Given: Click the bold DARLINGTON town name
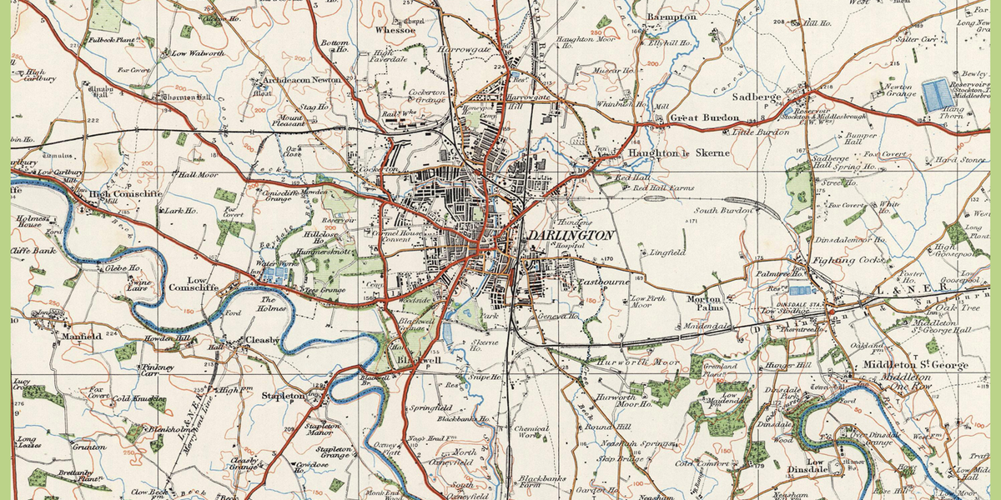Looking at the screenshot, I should pos(571,236).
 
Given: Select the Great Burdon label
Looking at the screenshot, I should pos(700,118).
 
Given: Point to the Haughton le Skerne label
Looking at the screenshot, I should pos(679,153).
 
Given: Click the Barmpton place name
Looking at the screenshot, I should pos(672,17).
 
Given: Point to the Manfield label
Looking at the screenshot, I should pos(82,337).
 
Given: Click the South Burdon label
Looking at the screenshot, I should pos(724,211).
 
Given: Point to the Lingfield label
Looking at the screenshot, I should pos(666,252).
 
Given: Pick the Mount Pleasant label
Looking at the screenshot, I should pos(291,123).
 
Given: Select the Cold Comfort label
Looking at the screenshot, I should pos(696,463).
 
